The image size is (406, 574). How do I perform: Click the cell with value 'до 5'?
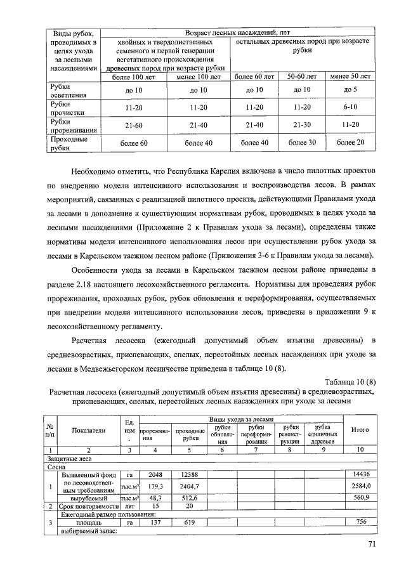[x=350, y=90]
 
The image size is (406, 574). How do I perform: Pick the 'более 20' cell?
[x=350, y=143]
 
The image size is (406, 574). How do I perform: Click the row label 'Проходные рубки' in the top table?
[x=67, y=143]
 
